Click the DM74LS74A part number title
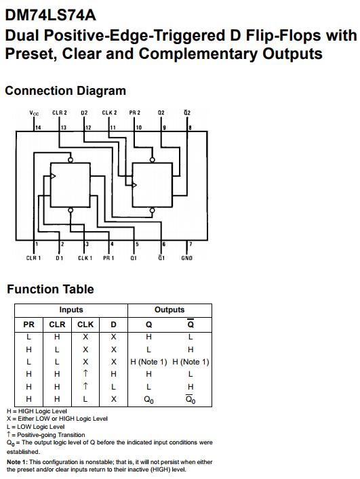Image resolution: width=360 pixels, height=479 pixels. [x=50, y=15]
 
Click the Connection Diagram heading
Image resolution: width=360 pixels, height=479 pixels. [x=65, y=91]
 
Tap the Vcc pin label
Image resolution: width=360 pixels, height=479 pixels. [x=34, y=113]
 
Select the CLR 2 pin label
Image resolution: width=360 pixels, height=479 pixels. [x=59, y=112]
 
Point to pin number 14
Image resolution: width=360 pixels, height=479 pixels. [x=38, y=127]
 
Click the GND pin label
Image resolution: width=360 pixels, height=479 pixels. [x=186, y=258]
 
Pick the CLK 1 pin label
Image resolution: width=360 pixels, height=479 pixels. [x=85, y=258]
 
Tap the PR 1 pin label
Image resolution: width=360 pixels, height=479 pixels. [x=108, y=258]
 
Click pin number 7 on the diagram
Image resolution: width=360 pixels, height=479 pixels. [x=191, y=244]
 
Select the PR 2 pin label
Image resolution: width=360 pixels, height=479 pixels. [x=134, y=112]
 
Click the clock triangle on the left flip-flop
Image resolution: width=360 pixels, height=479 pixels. [x=53, y=176]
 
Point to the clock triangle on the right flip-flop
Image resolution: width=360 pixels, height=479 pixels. [x=134, y=185]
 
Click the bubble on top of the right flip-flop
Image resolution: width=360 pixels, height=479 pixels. [x=152, y=160]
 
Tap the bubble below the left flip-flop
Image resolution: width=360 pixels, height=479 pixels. [x=71, y=210]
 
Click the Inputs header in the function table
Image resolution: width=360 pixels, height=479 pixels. [x=71, y=310]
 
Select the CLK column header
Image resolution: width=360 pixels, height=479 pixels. [x=85, y=325]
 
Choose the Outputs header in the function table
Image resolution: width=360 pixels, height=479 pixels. [x=169, y=310]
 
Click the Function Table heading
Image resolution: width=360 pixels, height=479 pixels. [x=50, y=289]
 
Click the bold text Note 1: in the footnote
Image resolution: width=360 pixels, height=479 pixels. [x=17, y=462]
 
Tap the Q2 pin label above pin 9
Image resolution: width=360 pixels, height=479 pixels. [x=161, y=112]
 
